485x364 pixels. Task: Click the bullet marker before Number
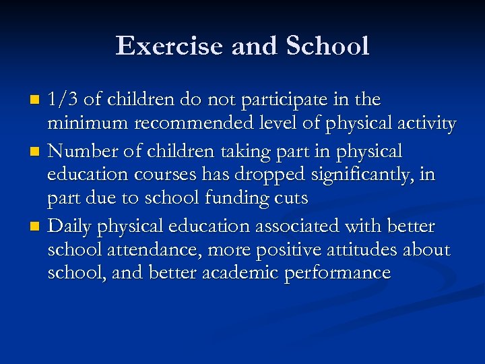click(x=36, y=152)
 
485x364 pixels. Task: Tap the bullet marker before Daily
click(x=36, y=226)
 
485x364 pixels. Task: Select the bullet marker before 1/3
click(x=36, y=101)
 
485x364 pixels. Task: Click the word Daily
click(x=70, y=226)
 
